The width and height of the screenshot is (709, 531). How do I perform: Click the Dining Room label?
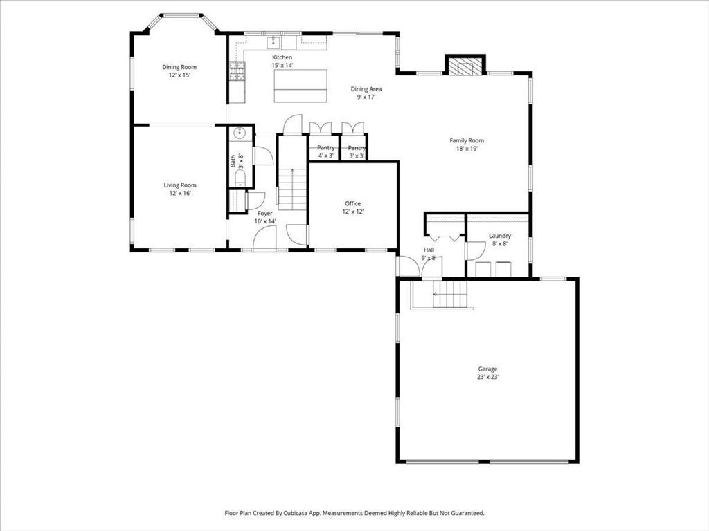click(x=179, y=67)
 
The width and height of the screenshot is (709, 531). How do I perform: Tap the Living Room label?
click(x=180, y=185)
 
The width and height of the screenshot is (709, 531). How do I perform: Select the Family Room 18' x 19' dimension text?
click(x=467, y=148)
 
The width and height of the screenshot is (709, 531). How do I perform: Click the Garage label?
click(x=487, y=369)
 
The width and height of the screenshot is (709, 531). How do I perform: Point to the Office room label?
click(x=352, y=204)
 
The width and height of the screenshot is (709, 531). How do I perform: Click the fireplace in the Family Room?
click(x=465, y=66)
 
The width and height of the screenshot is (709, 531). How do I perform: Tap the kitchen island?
click(x=300, y=86)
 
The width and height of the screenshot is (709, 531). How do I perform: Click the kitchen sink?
click(x=273, y=43)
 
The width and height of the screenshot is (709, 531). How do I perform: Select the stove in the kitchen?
click(x=237, y=71)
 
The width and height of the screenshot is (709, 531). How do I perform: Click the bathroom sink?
click(x=240, y=133)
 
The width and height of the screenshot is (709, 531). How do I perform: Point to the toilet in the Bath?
click(x=240, y=178)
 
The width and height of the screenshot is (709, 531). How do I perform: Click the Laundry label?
click(x=500, y=236)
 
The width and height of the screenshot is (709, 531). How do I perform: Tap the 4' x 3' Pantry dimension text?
click(x=325, y=156)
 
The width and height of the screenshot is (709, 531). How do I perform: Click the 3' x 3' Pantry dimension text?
click(x=357, y=156)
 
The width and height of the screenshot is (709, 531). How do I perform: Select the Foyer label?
click(x=265, y=214)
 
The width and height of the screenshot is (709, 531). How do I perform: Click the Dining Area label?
click(x=366, y=89)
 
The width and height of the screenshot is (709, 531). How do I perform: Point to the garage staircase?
click(x=449, y=294)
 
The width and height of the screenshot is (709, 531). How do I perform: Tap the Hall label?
click(x=429, y=250)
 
